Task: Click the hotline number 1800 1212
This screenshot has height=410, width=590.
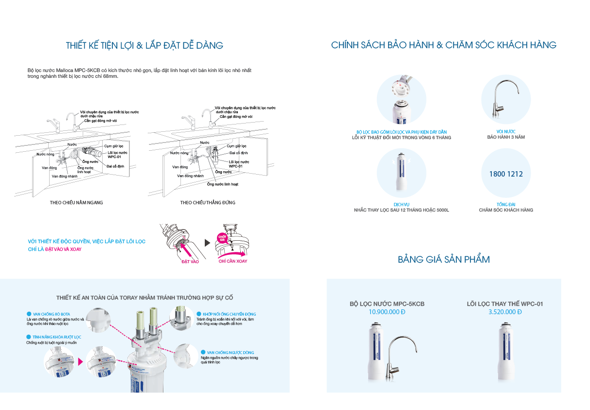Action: point(506,174)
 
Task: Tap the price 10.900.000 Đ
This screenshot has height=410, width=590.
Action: point(387,312)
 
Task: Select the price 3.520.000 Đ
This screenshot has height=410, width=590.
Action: point(505,312)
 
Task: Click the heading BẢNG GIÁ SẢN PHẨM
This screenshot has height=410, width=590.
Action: point(444,259)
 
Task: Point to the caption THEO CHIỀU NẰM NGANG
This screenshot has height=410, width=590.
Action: point(76,202)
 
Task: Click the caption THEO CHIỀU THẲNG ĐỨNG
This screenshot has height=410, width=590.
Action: point(207,202)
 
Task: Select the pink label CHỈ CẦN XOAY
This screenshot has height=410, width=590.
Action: point(232,261)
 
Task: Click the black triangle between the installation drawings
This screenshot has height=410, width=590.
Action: point(207,243)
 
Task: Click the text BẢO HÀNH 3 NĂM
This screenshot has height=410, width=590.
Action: point(506,137)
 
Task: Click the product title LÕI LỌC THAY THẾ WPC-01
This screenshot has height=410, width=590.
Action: point(505,304)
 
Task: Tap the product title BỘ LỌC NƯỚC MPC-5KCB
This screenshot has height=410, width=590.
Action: point(387,304)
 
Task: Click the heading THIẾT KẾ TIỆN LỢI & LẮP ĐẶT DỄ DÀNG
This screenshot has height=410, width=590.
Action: point(144,46)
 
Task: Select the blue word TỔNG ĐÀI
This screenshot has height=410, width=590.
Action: point(506,205)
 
